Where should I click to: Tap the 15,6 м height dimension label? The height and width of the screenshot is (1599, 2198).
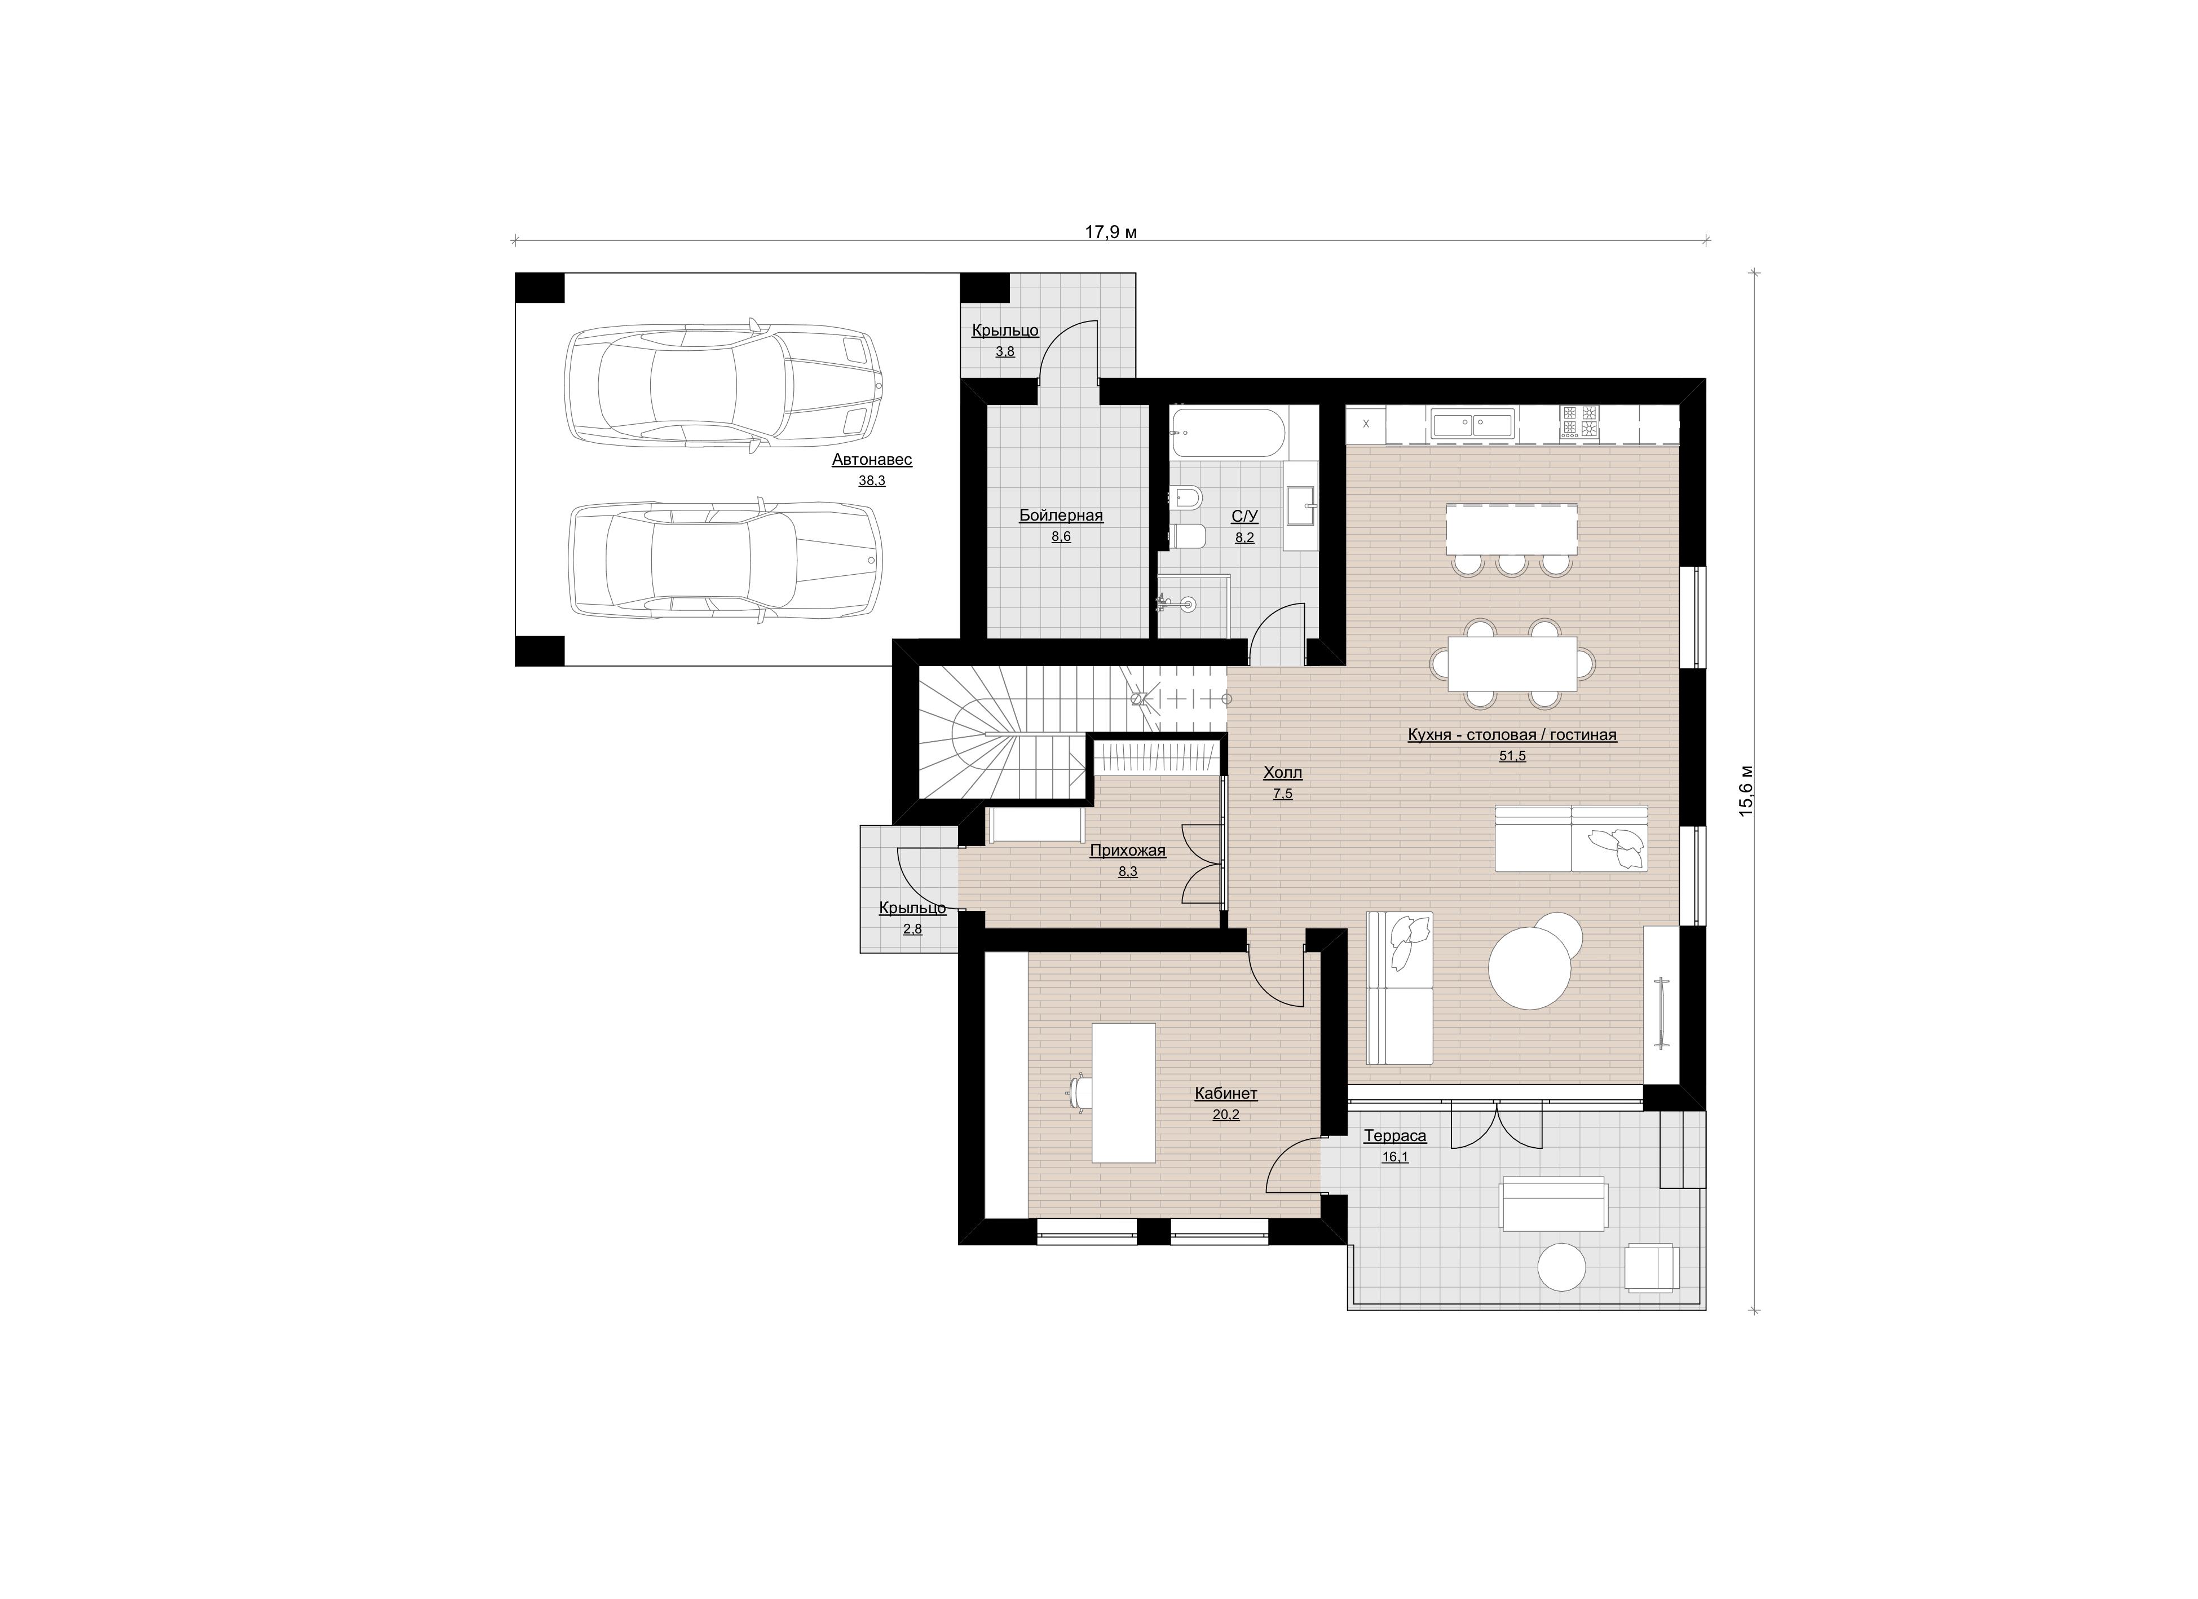point(1746,790)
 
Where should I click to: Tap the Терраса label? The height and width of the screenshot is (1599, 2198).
point(1394,1136)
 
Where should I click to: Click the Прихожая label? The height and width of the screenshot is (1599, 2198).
point(1127,851)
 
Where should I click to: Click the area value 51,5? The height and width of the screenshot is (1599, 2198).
point(1512,756)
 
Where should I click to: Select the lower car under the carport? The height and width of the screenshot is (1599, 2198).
point(726,560)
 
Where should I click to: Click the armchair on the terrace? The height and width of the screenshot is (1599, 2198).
point(1652,1267)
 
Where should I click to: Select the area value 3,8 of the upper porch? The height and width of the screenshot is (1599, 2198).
point(1005,352)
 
